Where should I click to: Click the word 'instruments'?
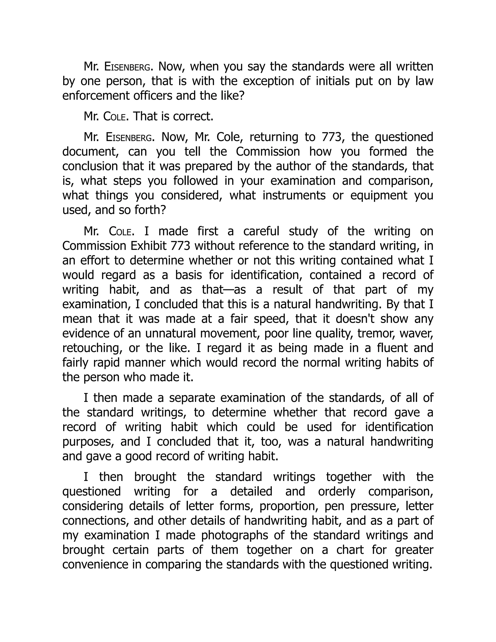(294, 196)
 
